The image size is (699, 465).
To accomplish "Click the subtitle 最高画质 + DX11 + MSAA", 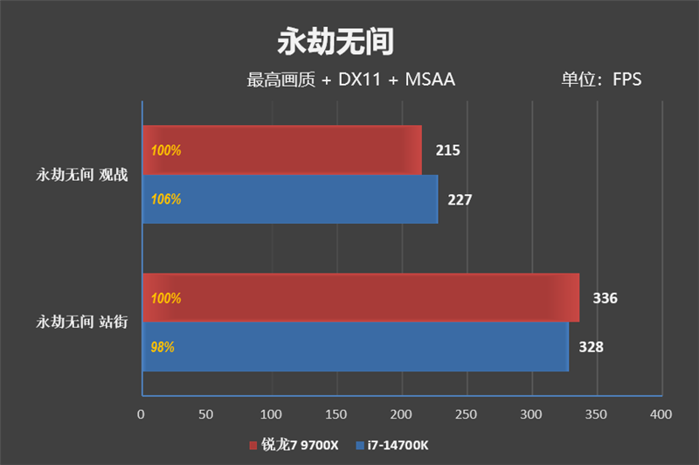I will tap(350, 80).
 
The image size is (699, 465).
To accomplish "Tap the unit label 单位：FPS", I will tap(601, 80).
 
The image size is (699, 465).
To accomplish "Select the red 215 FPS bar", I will tap(281, 149).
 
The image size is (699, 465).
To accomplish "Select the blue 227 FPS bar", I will tap(289, 199).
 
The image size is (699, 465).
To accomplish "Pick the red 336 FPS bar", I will tap(360, 298).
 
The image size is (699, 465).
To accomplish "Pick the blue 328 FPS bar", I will tap(355, 347).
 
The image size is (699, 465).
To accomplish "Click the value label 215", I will tap(447, 150).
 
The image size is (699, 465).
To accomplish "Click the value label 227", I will tap(460, 200).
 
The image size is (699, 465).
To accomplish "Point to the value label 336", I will tap(605, 299).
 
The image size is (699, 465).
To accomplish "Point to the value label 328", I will tap(591, 348).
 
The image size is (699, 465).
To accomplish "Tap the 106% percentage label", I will tap(165, 199).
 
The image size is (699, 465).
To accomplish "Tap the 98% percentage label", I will tap(163, 347).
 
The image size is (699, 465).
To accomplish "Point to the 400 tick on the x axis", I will tap(661, 413).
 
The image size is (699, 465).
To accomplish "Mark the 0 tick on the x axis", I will tap(142, 413).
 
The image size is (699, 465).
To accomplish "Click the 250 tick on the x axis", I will tap(466, 413).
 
